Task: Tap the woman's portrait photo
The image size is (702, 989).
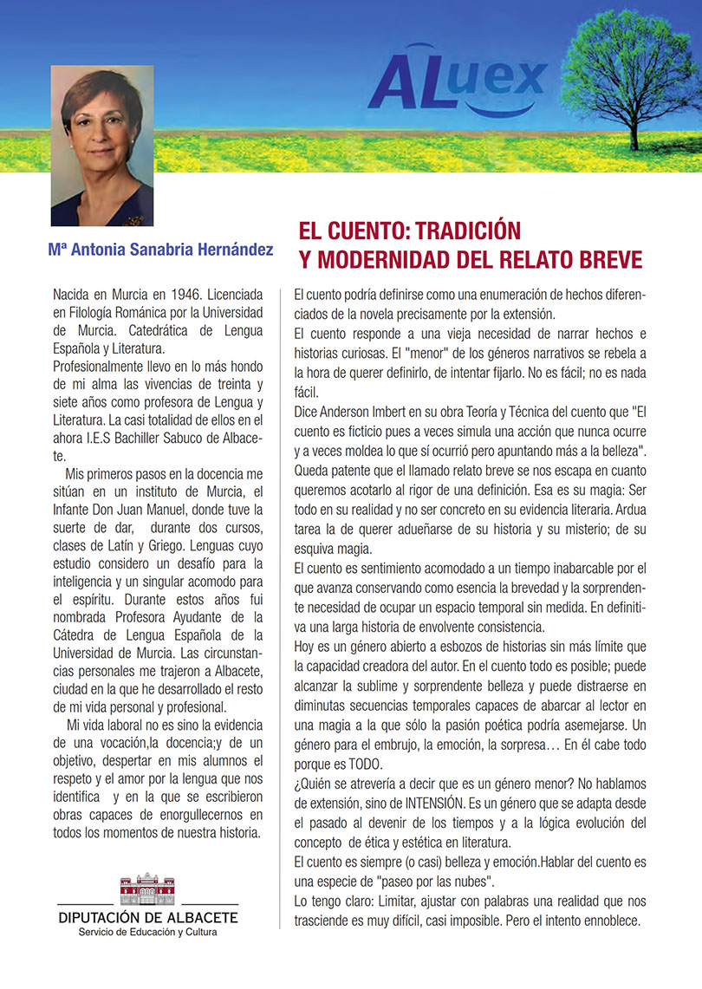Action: [x=102, y=146]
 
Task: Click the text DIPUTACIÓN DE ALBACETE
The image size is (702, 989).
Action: [x=148, y=917]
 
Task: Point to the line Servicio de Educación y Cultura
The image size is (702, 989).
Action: [x=148, y=932]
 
